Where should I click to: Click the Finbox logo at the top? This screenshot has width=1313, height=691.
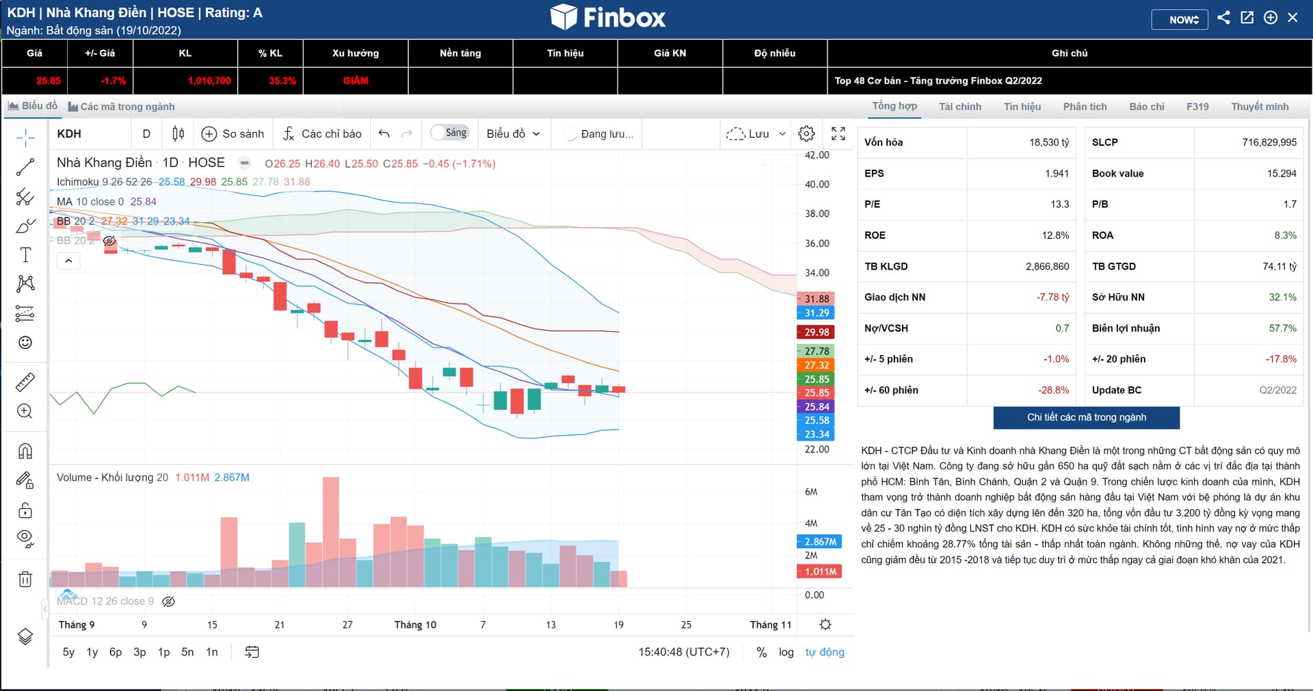coord(608,17)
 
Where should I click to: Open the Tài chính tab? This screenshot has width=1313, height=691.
coord(959,107)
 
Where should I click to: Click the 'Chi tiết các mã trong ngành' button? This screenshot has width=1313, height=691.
coord(1086,417)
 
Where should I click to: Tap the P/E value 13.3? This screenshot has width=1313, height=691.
coord(1059,204)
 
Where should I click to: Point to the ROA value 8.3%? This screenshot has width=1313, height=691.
coord(1285,235)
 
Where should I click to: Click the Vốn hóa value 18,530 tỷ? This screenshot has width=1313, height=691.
coord(1048,142)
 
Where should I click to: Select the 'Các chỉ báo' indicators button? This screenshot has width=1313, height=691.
coord(322,133)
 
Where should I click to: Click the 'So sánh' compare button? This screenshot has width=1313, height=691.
coord(233,133)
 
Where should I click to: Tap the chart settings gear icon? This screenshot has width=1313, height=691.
coord(806,133)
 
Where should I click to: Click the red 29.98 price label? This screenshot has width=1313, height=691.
coord(816,333)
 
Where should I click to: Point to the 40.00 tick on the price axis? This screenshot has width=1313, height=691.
coord(817,185)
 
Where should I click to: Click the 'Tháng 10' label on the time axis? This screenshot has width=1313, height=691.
coord(415,625)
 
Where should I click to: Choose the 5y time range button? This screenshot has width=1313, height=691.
coord(68,652)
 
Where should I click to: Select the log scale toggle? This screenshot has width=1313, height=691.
coord(786,652)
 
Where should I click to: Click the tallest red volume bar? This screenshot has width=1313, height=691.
coord(330,532)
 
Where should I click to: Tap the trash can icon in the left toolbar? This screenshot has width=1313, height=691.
coord(25,579)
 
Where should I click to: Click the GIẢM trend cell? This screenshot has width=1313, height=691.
coord(356,81)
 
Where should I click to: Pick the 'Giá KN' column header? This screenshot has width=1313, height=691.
coord(669,53)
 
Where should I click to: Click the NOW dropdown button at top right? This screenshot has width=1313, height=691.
coord(1179,19)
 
